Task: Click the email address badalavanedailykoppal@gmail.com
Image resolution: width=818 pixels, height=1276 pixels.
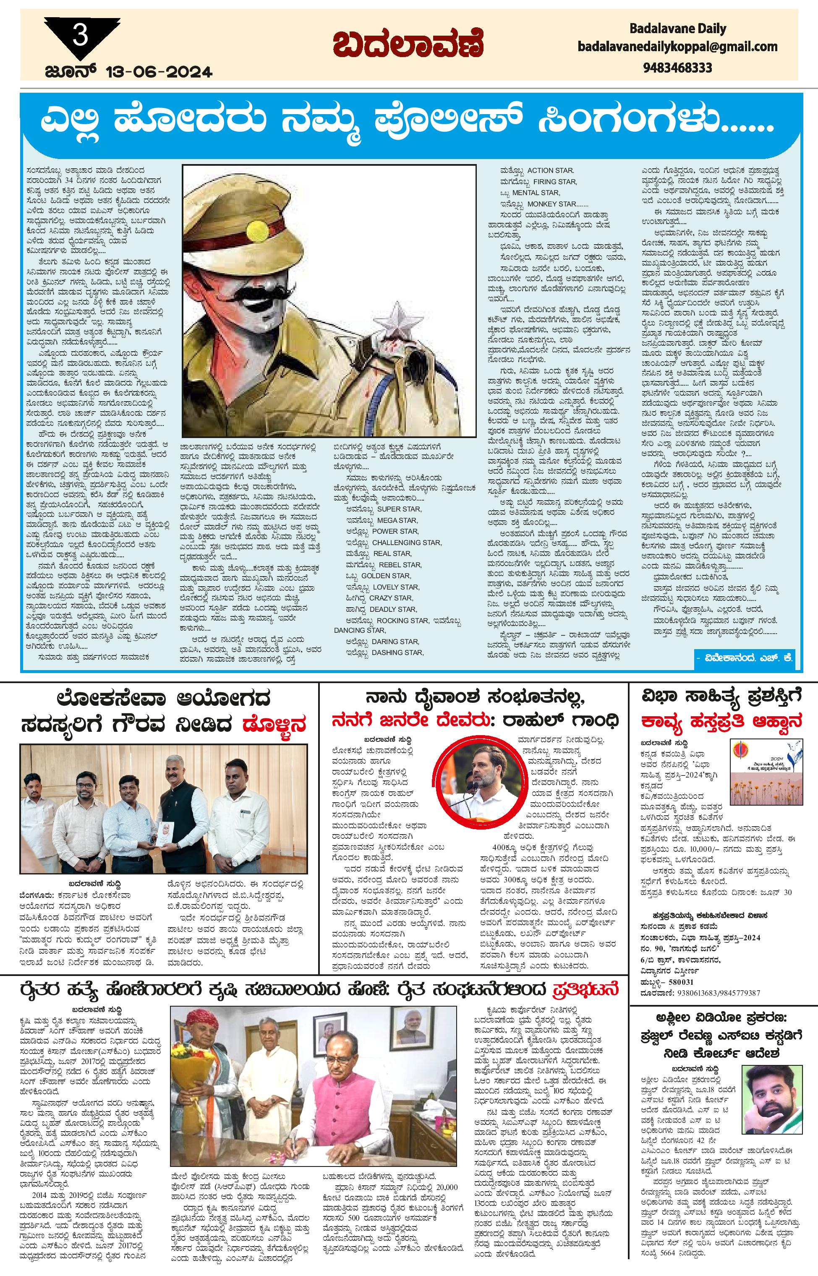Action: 678,47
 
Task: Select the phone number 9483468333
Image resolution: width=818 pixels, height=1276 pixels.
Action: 677,68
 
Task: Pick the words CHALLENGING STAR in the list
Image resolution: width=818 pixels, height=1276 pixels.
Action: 407,542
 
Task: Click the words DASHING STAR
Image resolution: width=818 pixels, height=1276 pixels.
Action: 398,652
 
